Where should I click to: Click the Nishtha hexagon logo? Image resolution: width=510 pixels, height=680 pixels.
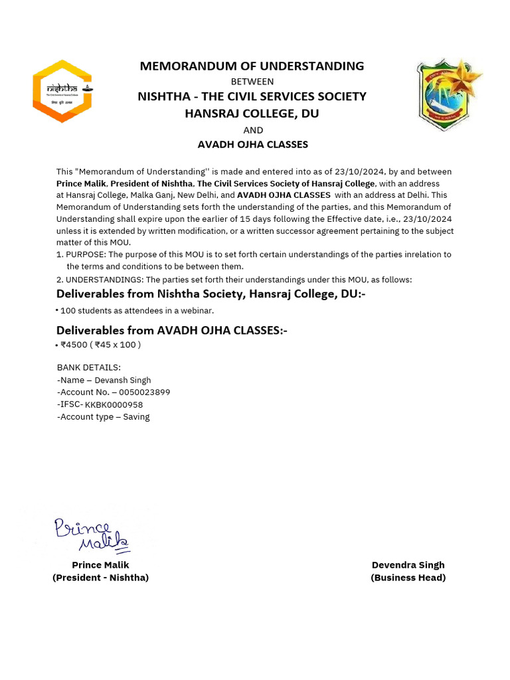(62, 91)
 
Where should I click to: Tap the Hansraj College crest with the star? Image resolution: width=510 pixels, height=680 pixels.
(448, 94)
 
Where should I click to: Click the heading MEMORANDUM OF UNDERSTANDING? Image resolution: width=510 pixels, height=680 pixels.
(252, 66)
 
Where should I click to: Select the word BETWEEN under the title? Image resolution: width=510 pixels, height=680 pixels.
(252, 82)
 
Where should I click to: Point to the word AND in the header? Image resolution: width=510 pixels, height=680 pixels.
(253, 130)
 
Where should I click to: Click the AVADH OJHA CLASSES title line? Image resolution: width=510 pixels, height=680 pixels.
(253, 144)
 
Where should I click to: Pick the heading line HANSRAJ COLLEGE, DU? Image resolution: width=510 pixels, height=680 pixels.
(252, 114)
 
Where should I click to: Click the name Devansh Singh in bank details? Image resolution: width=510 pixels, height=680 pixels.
(123, 381)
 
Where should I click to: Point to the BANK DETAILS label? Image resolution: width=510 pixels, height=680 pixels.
(89, 368)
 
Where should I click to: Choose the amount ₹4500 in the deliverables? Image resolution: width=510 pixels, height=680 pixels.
(73, 345)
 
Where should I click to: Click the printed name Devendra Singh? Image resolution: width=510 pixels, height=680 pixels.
(408, 565)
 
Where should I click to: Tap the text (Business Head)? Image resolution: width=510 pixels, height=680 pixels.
(408, 578)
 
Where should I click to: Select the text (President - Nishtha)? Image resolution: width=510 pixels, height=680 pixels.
(101, 578)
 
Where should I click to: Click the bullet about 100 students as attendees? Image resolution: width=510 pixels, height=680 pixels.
(137, 311)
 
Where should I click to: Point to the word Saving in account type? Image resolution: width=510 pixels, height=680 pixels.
(136, 417)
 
